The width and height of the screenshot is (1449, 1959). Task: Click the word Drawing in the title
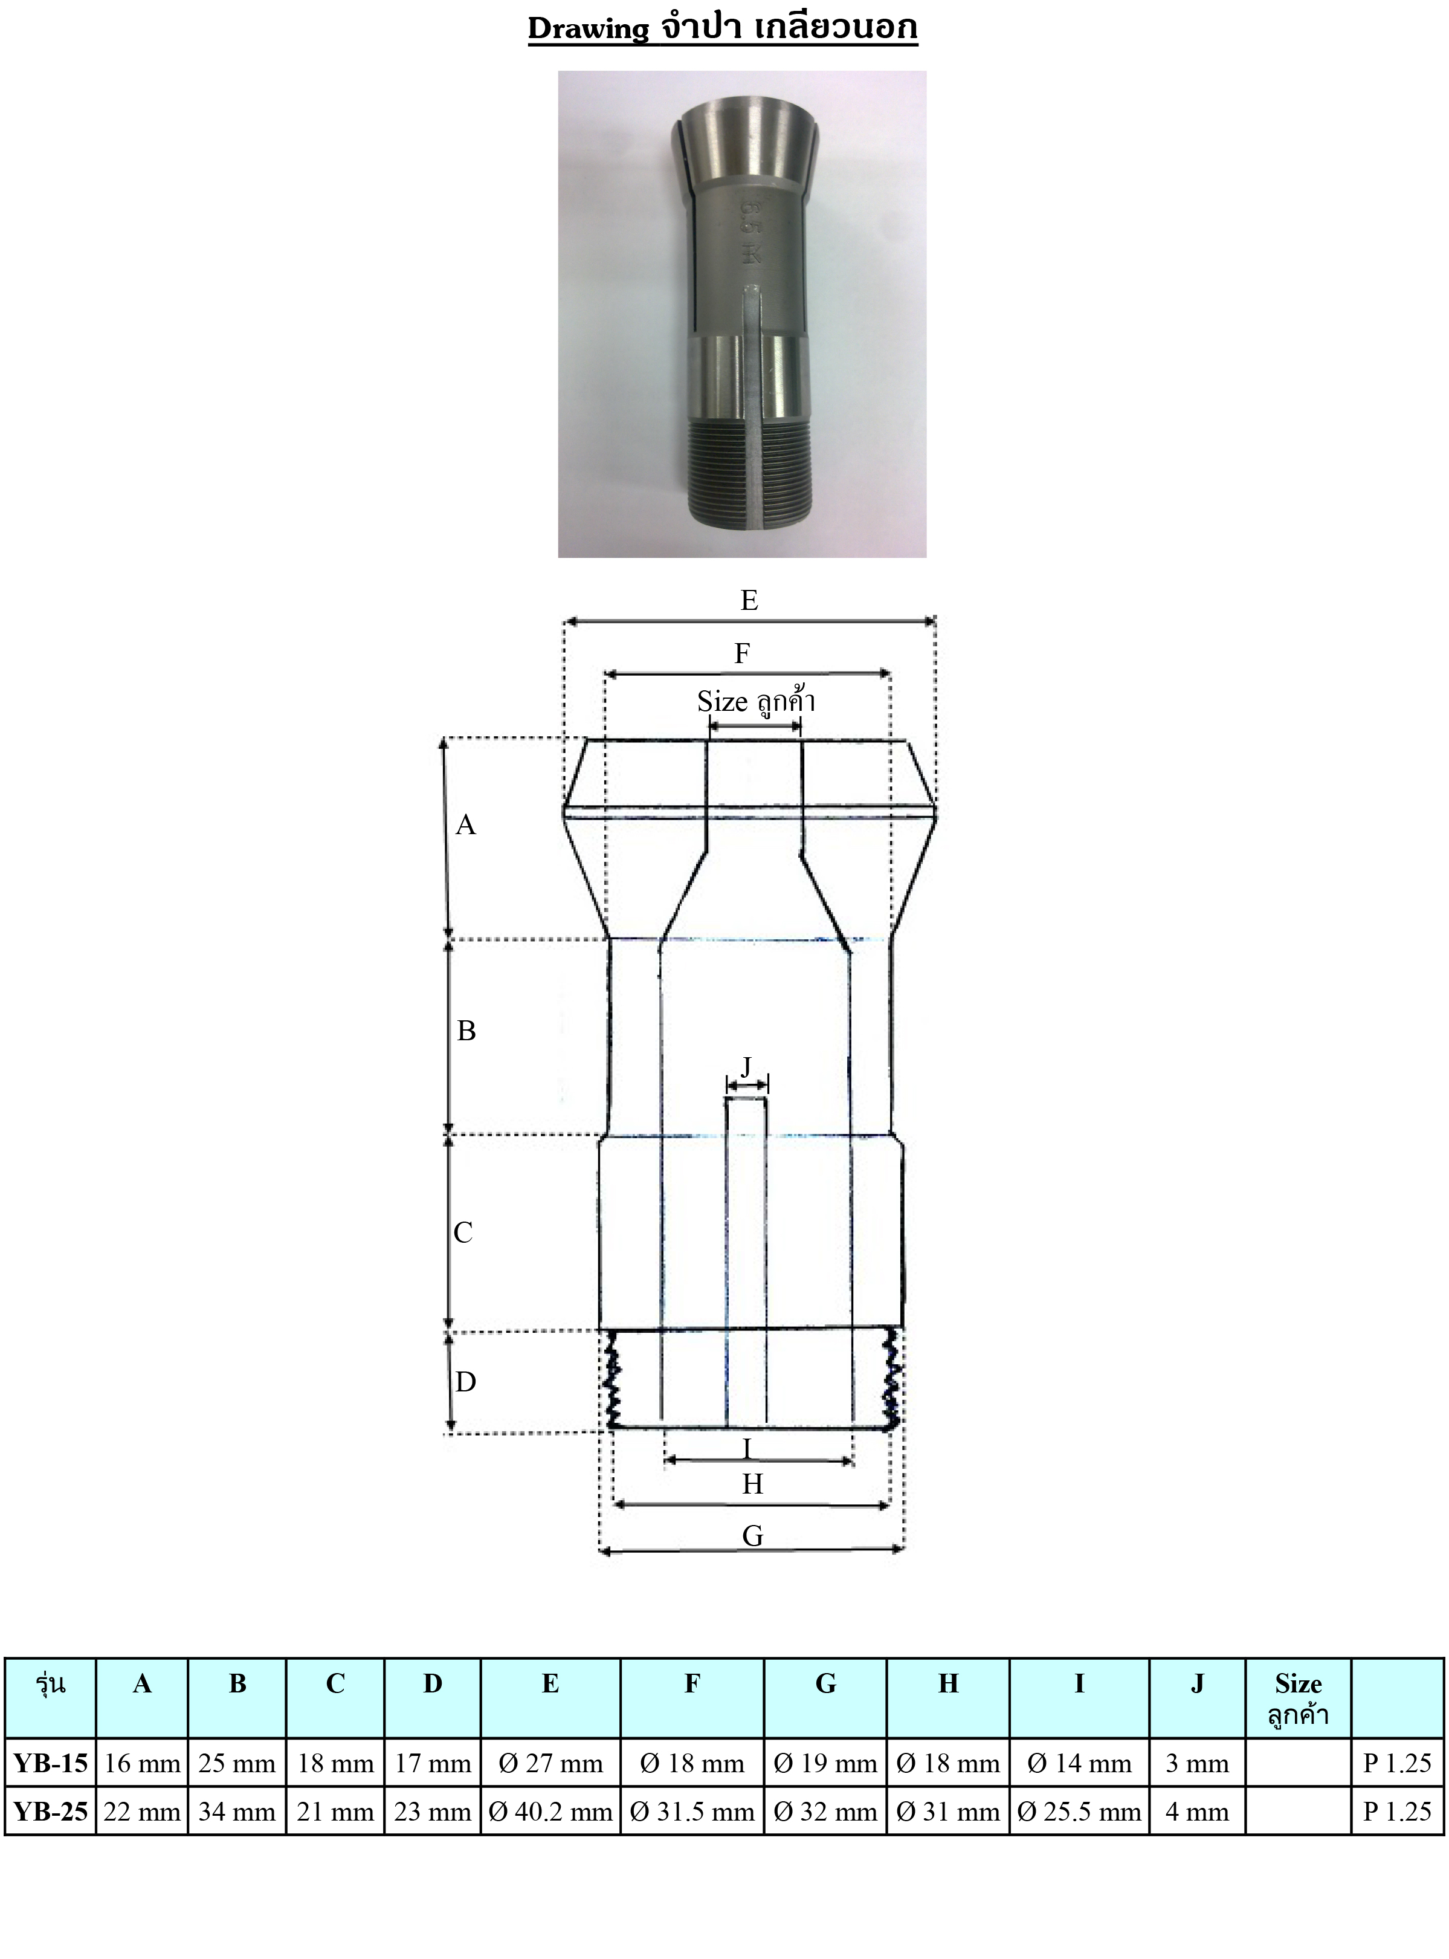(x=588, y=29)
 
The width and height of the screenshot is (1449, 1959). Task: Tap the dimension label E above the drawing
(x=749, y=600)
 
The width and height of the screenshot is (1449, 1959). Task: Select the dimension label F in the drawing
(x=742, y=653)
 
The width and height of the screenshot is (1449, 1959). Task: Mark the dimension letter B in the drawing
(x=466, y=1030)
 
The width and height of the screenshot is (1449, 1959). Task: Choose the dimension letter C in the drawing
(x=463, y=1232)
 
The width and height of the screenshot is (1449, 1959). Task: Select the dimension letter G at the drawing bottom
(x=752, y=1535)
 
